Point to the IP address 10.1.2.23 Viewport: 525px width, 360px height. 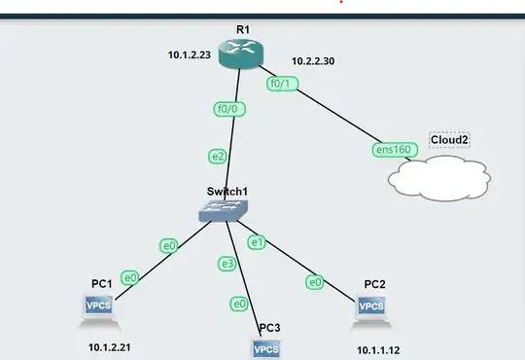coord(191,56)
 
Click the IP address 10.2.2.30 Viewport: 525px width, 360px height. coord(314,63)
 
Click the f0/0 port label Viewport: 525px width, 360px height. coord(230,109)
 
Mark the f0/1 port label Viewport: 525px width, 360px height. coord(282,84)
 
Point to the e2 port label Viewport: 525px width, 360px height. coord(218,156)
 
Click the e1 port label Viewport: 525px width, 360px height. coord(258,241)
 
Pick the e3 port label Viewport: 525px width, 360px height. coord(227,264)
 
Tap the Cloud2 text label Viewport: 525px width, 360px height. coord(449,140)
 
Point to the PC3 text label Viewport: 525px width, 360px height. coord(270,328)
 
